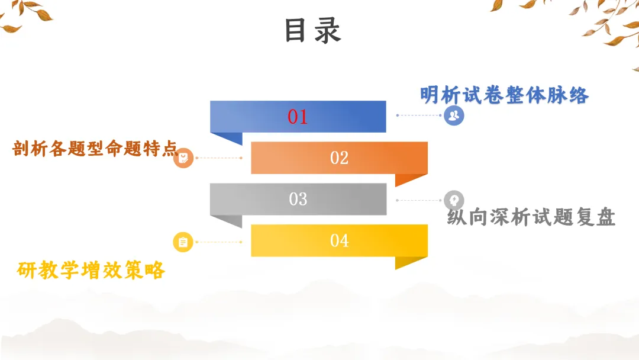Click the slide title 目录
pos(312,31)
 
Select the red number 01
pos(298,117)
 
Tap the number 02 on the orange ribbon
pos(339,158)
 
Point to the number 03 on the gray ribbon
pos(298,199)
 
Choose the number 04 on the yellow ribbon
pos(339,240)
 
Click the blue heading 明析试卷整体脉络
pos(504,95)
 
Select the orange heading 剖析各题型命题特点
pos(95,149)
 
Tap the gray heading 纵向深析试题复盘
pos(531,217)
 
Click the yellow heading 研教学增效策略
pos(91,270)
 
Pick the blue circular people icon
pos(454,115)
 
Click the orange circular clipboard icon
pos(183,158)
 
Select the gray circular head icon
pos(454,200)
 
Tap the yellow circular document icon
pos(183,242)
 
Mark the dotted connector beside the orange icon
pos(218,158)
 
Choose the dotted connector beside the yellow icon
pos(218,242)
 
